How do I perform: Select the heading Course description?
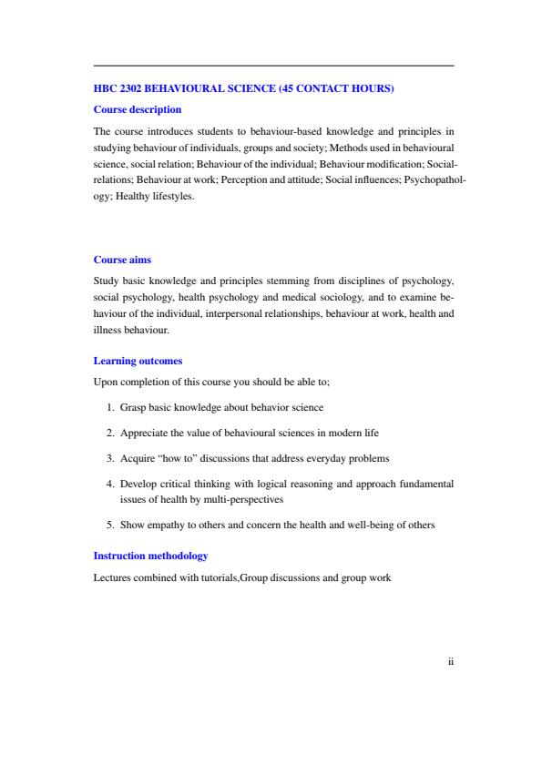[138, 109]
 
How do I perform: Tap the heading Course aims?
[123, 260]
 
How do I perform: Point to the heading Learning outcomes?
[138, 361]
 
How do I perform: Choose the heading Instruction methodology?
[151, 555]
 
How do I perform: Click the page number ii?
[450, 662]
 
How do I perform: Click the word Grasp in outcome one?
[133, 407]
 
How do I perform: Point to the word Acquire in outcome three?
[137, 455]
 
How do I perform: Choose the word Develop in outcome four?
[138, 480]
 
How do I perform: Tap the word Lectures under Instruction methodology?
[112, 577]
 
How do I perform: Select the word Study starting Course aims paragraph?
[106, 281]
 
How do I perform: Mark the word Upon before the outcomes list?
[106, 382]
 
